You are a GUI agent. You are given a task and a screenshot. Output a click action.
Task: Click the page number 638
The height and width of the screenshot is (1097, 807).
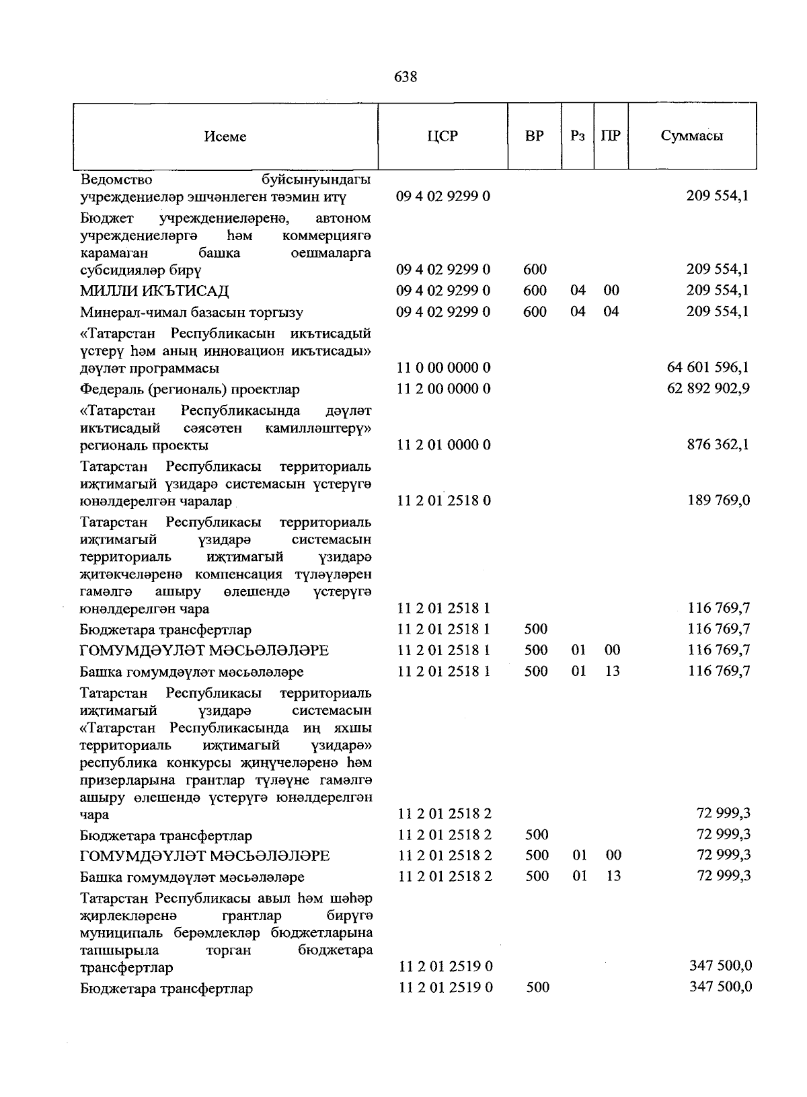[x=405, y=77]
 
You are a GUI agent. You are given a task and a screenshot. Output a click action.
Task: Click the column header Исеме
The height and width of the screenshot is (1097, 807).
[x=225, y=137]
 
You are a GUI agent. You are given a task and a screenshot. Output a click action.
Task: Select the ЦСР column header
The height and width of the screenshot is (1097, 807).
[x=443, y=136]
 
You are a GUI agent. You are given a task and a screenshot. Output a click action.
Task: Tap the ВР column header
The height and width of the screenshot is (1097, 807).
[x=535, y=136]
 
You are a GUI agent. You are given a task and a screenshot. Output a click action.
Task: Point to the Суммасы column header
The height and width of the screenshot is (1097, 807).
[x=692, y=136]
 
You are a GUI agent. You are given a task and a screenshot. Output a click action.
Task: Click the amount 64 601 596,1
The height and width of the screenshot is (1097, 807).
[x=708, y=367]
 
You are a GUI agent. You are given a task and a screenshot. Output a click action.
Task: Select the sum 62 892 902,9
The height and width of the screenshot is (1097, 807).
[x=708, y=388]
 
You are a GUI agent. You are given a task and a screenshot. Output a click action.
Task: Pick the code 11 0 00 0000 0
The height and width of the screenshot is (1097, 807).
[x=444, y=367]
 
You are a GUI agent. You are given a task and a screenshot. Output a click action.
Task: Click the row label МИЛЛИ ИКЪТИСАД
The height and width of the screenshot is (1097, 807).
[x=155, y=291]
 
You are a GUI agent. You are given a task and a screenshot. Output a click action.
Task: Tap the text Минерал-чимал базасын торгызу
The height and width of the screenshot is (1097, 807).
[x=192, y=312]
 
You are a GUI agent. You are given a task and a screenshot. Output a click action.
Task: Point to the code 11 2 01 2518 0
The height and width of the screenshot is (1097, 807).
[x=444, y=500]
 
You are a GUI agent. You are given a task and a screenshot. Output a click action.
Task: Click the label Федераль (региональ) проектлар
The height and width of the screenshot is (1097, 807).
[x=190, y=389]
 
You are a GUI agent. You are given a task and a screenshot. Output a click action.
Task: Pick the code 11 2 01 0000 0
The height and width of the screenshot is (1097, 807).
[x=444, y=445]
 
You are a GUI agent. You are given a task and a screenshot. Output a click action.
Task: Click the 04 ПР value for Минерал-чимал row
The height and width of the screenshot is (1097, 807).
[x=611, y=311]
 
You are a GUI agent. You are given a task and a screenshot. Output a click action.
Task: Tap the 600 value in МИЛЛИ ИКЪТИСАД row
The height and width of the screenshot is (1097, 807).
[x=535, y=291]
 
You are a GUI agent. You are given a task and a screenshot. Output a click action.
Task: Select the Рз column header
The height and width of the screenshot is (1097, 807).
[x=577, y=136]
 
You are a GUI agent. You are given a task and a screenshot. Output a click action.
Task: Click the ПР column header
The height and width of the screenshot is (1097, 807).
[x=611, y=136]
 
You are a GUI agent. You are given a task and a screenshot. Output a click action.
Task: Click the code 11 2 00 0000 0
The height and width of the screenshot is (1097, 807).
[x=444, y=389]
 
